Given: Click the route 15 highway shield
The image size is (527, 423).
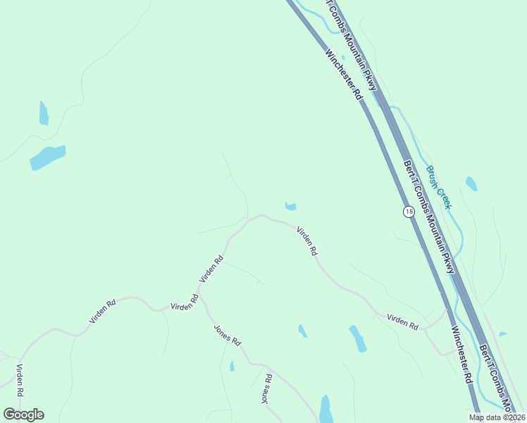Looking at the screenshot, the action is pos(409,211).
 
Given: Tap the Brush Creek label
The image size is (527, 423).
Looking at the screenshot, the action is pos(439,188).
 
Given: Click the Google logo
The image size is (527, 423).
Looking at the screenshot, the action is pos(23,415).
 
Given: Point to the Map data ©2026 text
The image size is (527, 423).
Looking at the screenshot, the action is pos(496,417).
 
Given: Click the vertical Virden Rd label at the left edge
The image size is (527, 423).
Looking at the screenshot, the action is pos(20,380).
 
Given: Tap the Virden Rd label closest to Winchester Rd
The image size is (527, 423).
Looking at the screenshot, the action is pos(402,321).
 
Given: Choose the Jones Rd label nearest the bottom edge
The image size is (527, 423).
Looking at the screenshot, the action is pos(266,389).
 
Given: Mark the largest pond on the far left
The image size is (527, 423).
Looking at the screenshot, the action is pos(48,157).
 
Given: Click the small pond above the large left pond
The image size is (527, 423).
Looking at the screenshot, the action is pos(44,113).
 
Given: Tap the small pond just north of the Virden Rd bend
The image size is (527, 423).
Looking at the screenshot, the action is pos(290,207).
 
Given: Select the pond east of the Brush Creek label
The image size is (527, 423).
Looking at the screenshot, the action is pos(471,184).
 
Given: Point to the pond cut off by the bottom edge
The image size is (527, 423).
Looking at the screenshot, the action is pos(325,410).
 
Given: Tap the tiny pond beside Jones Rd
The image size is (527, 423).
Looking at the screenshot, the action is pos(232,366).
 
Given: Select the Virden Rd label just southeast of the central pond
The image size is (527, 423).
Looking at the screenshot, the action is pos(307,241).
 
